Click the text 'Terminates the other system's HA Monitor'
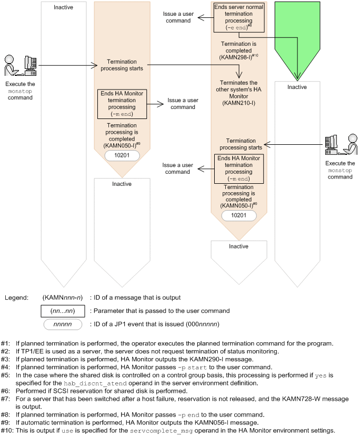[238, 89]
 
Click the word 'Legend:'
[16, 298]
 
